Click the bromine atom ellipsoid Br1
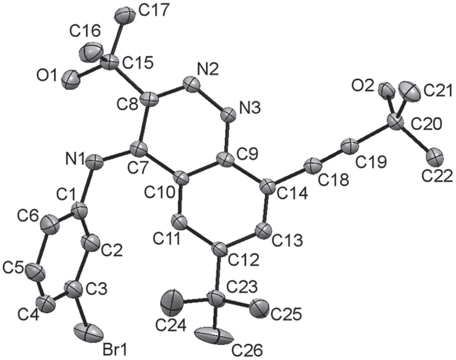click(88, 333)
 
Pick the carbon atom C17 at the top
click(125, 15)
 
